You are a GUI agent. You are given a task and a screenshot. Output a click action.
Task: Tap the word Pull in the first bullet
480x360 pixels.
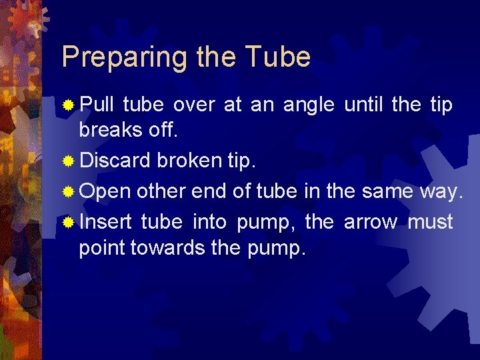97,105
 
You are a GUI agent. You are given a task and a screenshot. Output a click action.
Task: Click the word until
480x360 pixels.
364,105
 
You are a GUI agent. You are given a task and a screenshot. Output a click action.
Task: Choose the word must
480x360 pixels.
430,222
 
